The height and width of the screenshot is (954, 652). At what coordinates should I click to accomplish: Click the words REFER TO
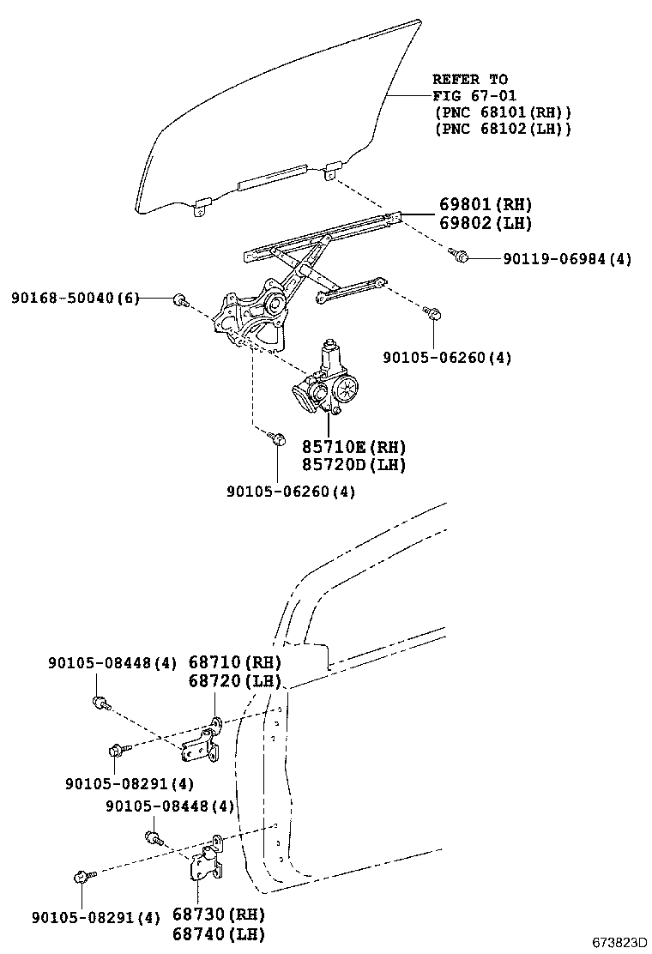point(470,80)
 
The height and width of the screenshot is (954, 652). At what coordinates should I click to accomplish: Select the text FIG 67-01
point(474,96)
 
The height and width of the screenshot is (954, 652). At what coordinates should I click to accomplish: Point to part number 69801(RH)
point(486,204)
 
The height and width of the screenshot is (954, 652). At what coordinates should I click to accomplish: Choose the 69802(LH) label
point(486,223)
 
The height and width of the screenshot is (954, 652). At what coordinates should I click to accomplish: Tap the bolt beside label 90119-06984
point(458,254)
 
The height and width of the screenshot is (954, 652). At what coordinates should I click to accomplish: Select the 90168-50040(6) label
point(73,298)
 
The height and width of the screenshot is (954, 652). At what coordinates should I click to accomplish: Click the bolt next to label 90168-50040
point(180,299)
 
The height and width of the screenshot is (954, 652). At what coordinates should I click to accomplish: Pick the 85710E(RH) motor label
point(353,447)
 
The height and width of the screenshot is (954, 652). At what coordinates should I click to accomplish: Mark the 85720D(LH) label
point(353,465)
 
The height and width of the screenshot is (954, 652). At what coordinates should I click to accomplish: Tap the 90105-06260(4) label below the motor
point(291,492)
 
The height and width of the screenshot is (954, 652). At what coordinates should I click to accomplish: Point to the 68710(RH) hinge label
point(234,662)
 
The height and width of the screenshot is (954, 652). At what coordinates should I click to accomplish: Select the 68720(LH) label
point(234,681)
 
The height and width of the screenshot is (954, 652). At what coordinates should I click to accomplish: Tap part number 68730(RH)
point(219,915)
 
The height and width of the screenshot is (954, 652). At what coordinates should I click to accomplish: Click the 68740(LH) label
point(219,933)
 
